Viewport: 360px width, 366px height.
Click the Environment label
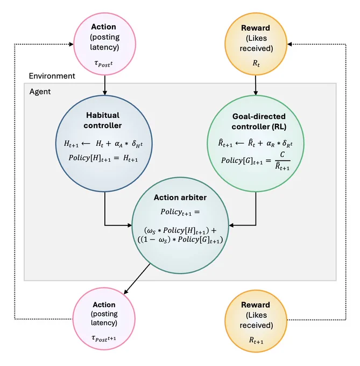coord(52,76)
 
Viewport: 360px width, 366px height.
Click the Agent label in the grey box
coord(40,91)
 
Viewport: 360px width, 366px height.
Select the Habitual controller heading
coord(103,121)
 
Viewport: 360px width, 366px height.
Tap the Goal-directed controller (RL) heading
coord(259,122)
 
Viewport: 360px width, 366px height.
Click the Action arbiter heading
coord(180,198)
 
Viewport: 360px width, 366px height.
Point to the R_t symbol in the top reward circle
coord(256,64)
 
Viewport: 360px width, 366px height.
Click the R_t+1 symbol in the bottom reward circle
coord(256,341)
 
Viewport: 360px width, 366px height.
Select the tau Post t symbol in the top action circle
coord(104,64)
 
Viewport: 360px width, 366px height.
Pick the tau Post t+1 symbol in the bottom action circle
coord(104,338)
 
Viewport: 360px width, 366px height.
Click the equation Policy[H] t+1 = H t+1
coord(103,158)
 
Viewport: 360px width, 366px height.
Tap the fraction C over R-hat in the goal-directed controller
coord(283,161)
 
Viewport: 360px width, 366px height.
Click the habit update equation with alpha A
coord(103,144)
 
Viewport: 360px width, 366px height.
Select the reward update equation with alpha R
coord(255,143)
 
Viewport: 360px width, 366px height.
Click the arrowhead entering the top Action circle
coord(72,44)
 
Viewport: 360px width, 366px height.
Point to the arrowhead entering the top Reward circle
coord(290,44)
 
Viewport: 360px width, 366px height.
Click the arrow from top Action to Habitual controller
coord(105,85)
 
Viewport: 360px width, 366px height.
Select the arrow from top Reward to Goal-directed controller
coord(256,85)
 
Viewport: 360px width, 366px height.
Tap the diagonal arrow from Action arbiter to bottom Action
coord(137,279)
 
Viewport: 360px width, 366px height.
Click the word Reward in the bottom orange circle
coord(256,305)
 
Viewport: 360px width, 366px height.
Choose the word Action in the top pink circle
coord(103,27)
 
